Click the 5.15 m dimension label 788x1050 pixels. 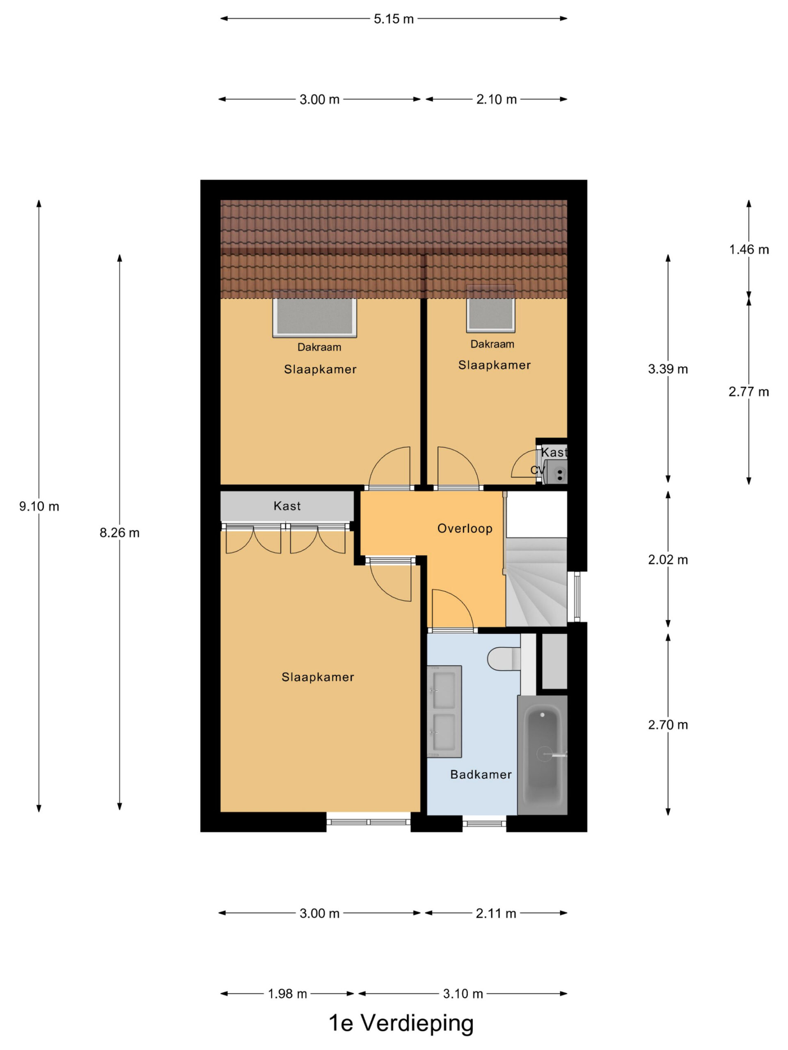393,19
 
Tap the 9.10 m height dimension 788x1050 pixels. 39,507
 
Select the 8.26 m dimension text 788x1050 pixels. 119,533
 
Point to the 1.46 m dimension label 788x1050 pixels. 749,249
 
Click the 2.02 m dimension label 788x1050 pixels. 668,559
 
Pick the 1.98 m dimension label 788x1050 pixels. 287,993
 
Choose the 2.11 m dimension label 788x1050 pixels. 496,913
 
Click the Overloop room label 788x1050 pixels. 465,528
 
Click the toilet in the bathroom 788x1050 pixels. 504,658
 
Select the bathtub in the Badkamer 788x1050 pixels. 543,755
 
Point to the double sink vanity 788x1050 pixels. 444,712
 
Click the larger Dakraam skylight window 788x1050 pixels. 314,314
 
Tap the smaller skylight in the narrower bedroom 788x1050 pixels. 491,308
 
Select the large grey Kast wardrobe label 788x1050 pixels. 287,506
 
